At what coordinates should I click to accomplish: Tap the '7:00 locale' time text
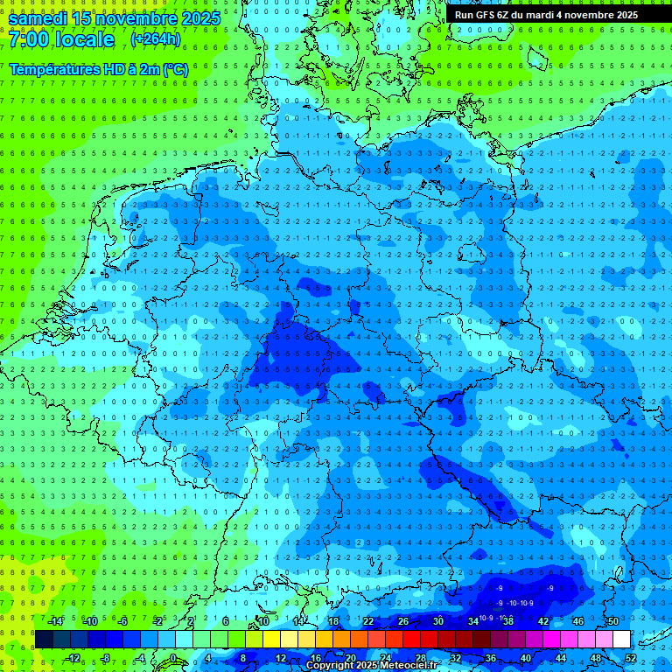point(61,39)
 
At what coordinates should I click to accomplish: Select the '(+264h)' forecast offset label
point(156,39)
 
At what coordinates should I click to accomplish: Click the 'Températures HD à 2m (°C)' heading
point(98,69)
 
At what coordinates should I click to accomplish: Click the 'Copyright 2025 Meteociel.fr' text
point(371,666)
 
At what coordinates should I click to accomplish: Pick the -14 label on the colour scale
point(57,621)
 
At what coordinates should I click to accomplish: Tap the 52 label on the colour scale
point(631,658)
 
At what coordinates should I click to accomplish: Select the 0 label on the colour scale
point(172,658)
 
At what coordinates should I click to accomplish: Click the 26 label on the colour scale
point(403,621)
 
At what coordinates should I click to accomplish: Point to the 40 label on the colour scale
point(525,658)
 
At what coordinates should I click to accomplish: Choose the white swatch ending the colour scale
point(621,640)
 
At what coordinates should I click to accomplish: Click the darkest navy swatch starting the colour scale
point(44,640)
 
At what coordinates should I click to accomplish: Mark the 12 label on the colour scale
point(280,658)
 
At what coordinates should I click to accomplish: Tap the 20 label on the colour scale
point(350,658)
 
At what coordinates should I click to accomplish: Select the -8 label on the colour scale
point(105,658)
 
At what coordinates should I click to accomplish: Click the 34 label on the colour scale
point(473,621)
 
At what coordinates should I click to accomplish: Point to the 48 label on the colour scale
point(596,658)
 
